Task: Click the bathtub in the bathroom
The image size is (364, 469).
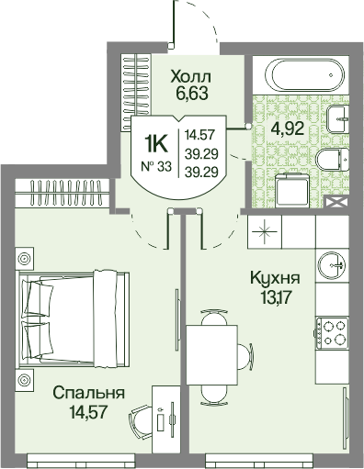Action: [x=305, y=74]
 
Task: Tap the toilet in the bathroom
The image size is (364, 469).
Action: [x=333, y=160]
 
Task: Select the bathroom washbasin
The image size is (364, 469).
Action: [x=338, y=119]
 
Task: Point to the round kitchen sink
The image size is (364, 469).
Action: [x=332, y=265]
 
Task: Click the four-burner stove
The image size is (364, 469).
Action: [x=332, y=333]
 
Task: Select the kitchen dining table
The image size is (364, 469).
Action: [x=212, y=355]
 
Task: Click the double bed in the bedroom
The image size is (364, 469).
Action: [x=74, y=319]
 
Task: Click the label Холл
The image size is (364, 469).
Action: [x=191, y=76]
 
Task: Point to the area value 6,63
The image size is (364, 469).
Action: [x=192, y=93]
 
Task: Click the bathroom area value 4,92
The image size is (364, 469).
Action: [x=288, y=128]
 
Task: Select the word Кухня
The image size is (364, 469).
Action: [x=275, y=278]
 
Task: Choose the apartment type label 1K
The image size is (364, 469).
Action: [x=156, y=144]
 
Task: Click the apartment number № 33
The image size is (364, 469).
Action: [x=156, y=167]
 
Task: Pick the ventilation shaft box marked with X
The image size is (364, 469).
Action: [x=336, y=202]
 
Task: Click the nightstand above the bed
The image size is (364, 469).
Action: [x=24, y=259]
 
